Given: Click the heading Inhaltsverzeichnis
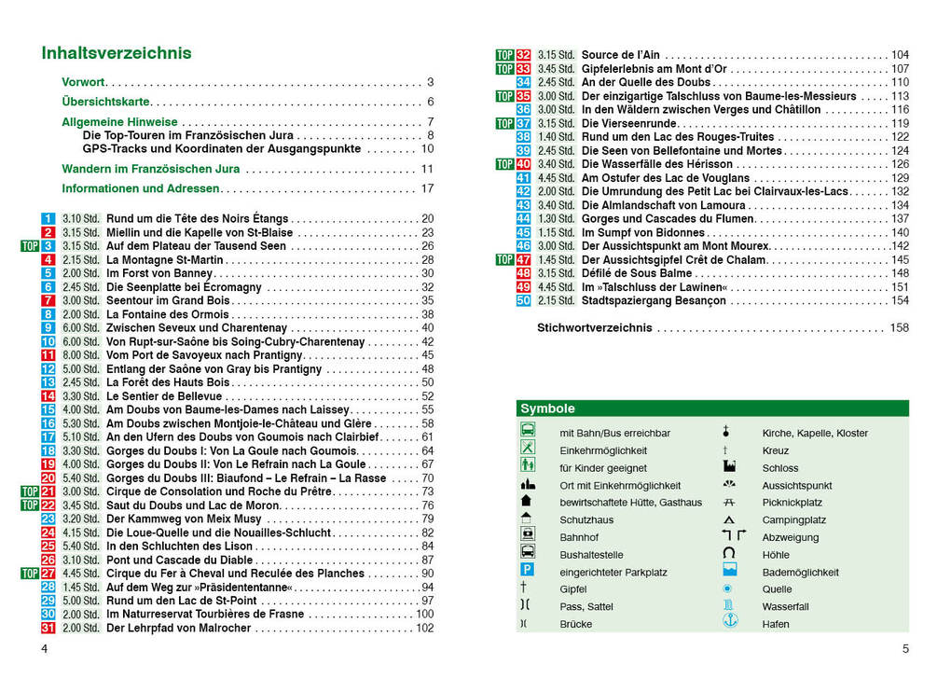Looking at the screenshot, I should [117, 53].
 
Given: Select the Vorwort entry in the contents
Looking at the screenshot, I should [84, 82].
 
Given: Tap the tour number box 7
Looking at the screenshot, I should [48, 300].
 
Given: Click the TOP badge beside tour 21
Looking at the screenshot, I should [29, 491].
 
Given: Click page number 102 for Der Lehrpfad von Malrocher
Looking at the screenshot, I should [425, 628].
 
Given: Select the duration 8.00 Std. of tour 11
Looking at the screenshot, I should [81, 355].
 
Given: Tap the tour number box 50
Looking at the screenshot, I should [523, 300].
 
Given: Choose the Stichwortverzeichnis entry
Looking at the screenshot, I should [595, 328].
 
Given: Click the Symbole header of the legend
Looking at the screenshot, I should [548, 408].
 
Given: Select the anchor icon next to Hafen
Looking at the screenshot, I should [728, 623].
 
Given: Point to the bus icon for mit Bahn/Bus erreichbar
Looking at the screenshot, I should [528, 432].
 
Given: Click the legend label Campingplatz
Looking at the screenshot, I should [793, 519].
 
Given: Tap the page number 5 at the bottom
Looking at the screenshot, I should [905, 649].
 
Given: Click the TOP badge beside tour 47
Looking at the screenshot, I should [504, 259].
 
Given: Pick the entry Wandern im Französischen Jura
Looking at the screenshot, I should [151, 169].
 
